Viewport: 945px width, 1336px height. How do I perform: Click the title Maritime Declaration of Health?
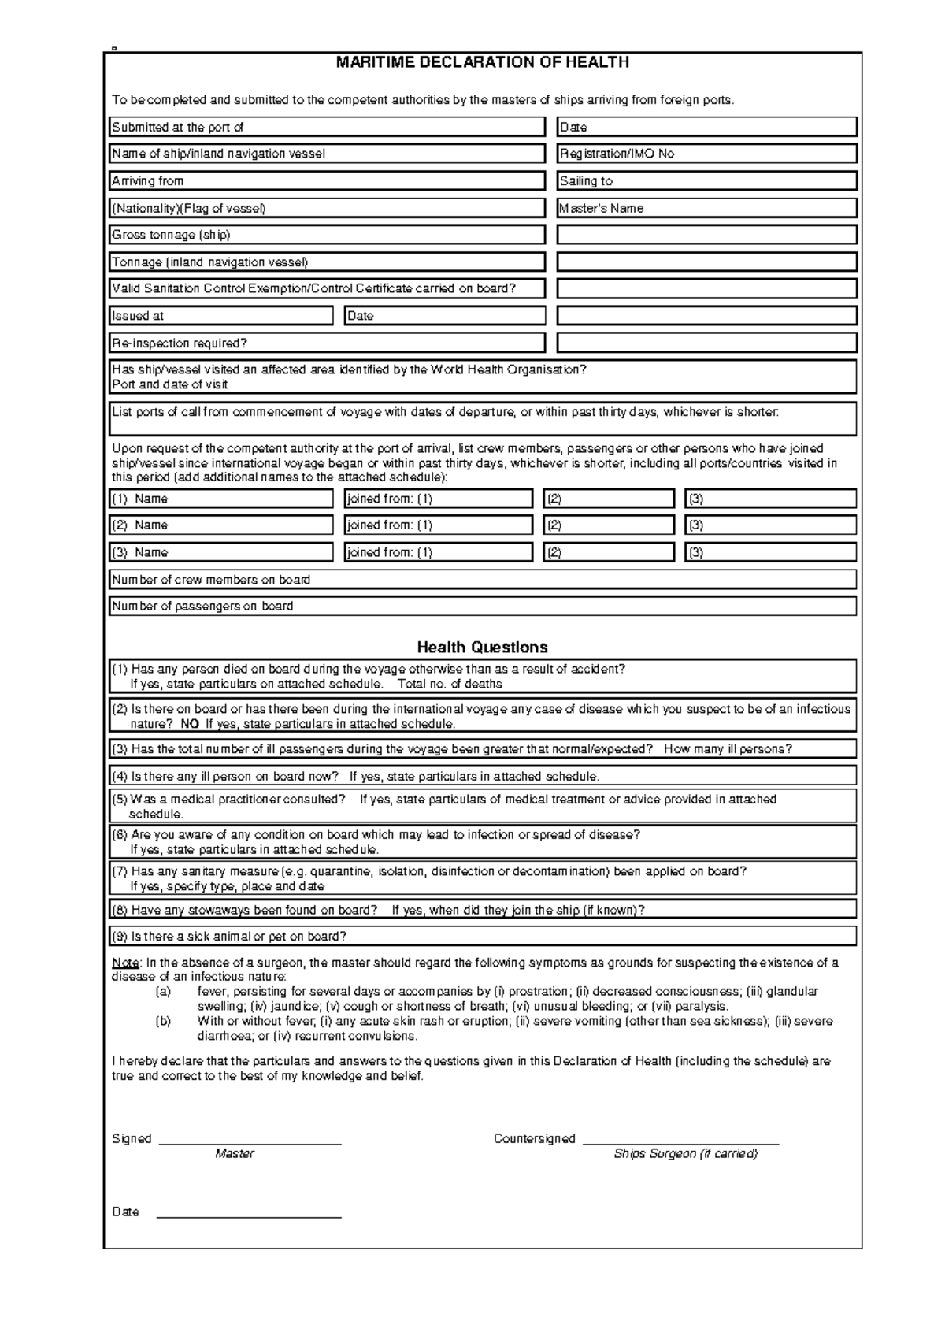click(482, 63)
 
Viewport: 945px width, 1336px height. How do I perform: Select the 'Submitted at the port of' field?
click(327, 127)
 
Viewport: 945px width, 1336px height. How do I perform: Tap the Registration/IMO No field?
click(706, 154)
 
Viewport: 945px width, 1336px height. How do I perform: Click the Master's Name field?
click(706, 208)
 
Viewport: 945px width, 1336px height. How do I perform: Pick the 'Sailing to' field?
click(706, 181)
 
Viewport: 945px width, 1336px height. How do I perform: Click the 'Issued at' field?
click(221, 316)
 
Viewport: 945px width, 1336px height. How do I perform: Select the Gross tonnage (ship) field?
click(327, 235)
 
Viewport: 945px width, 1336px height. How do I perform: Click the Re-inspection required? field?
click(327, 343)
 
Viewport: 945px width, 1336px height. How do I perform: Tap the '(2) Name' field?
click(221, 525)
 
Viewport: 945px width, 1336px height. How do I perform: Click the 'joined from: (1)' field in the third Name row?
click(439, 552)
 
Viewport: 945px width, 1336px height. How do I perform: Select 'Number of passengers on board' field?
click(482, 607)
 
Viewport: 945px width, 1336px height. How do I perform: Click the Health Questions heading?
click(482, 648)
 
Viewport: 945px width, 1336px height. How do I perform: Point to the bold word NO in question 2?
click(190, 724)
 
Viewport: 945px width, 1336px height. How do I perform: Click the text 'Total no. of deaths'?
click(450, 684)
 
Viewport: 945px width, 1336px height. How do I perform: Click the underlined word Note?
click(125, 963)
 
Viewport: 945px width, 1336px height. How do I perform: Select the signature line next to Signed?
click(250, 1140)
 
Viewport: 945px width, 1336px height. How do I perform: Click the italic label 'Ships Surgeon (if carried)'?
click(685, 1154)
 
